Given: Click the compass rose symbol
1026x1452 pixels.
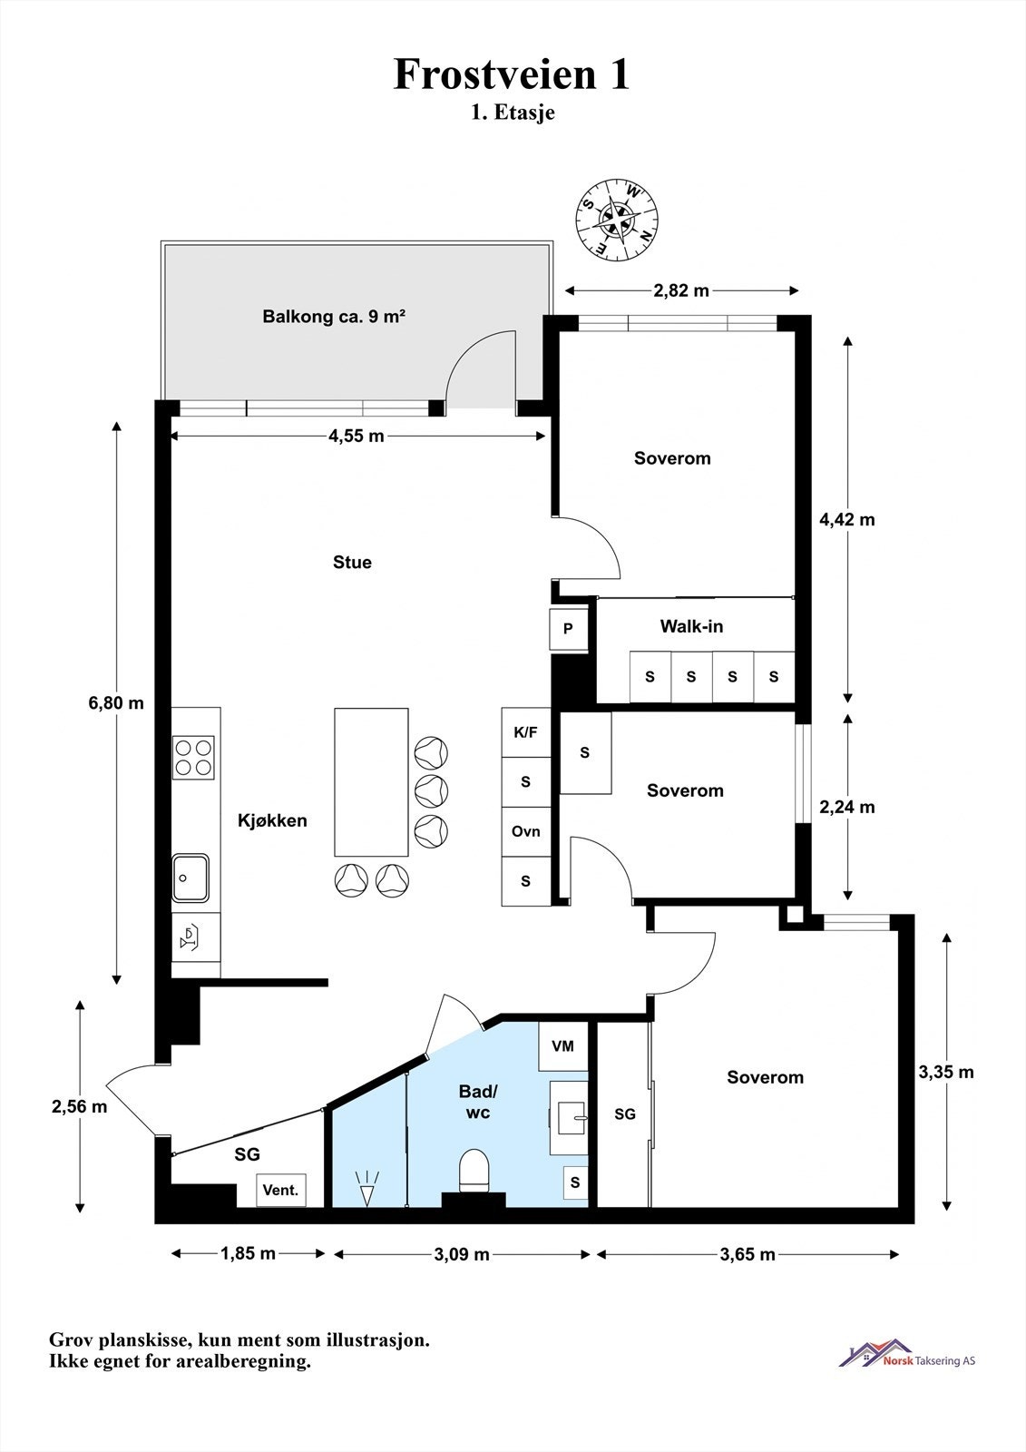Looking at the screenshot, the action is (x=617, y=221).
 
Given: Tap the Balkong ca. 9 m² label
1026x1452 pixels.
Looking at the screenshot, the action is (x=334, y=317).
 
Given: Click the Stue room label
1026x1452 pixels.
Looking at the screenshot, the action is (x=352, y=562).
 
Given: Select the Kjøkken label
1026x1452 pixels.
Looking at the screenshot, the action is (x=272, y=820).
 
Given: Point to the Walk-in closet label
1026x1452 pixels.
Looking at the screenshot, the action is (x=691, y=625).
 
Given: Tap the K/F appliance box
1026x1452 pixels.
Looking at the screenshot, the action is (x=525, y=732).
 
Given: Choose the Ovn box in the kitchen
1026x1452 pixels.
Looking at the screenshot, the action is (x=525, y=831).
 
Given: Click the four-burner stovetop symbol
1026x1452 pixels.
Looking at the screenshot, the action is (x=193, y=757).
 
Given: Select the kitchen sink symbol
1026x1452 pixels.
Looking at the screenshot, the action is (x=190, y=877).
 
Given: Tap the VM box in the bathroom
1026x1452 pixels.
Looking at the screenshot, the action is (x=562, y=1045).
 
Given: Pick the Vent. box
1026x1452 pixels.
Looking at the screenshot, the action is (x=280, y=1190).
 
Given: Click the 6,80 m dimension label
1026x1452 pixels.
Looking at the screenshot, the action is (x=116, y=702).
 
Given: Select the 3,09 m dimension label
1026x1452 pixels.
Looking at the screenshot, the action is (x=462, y=1254).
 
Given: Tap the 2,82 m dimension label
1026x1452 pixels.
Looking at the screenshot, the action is (x=681, y=290).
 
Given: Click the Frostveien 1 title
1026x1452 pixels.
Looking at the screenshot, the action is (x=512, y=74).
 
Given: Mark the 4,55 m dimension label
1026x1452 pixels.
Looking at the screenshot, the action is (x=356, y=437).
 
